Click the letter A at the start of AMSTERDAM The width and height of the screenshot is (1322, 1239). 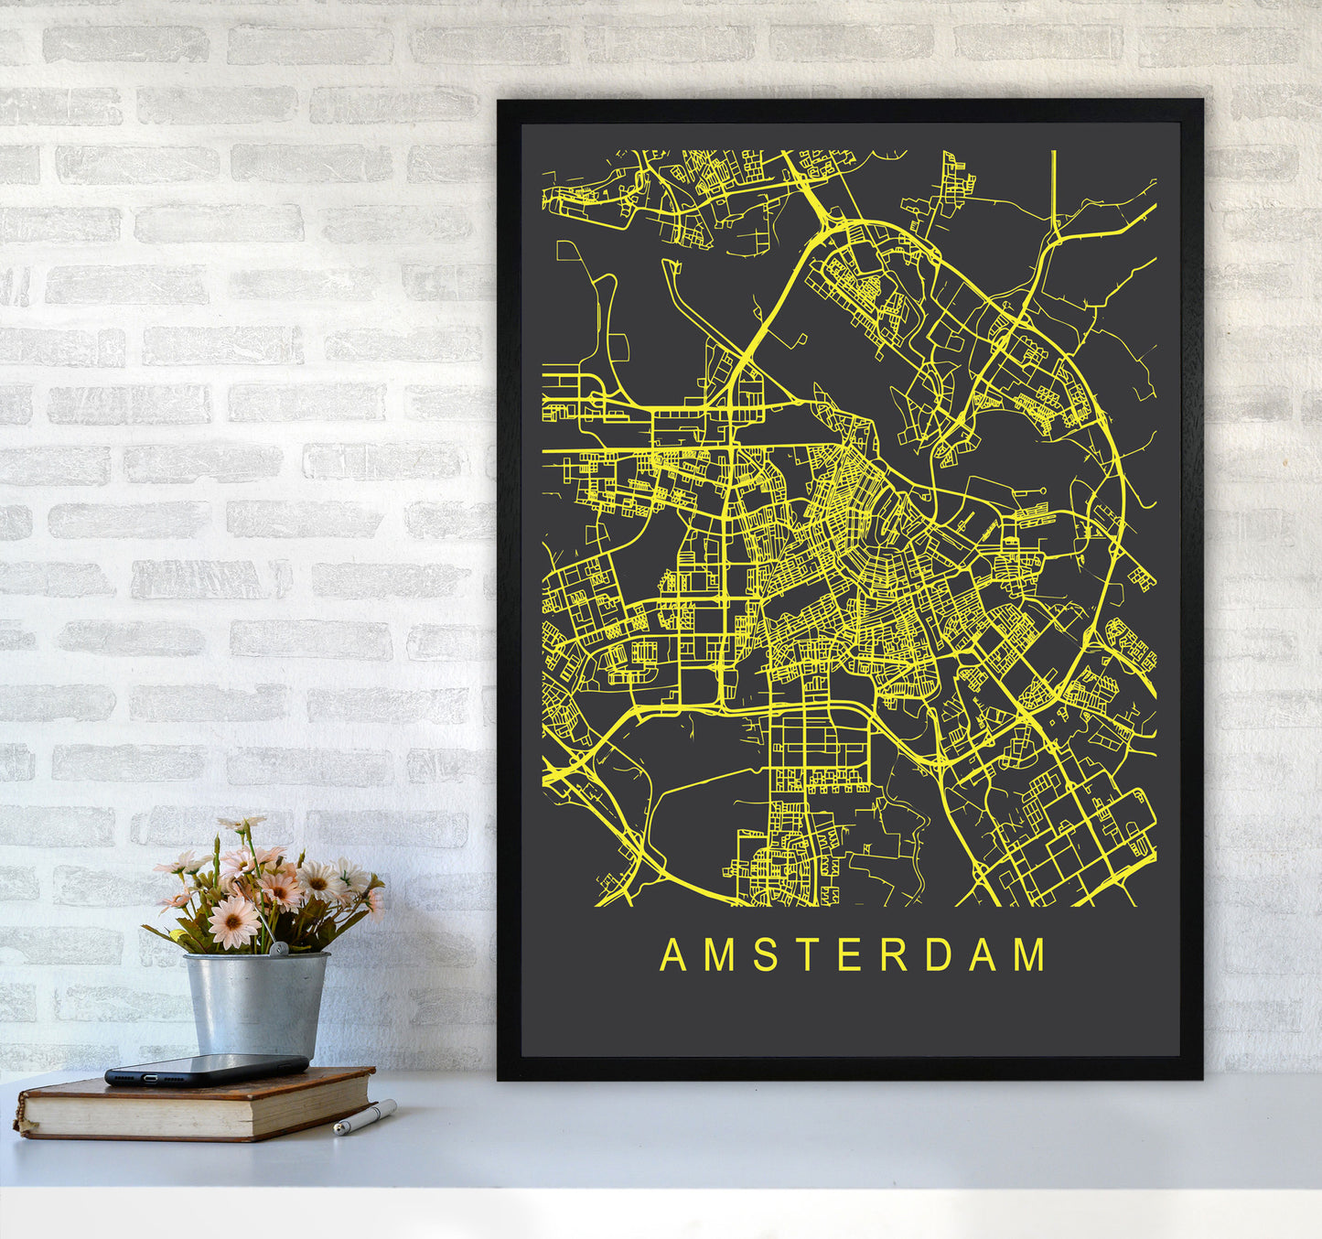(x=673, y=954)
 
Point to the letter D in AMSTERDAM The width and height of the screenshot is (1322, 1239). (x=940, y=954)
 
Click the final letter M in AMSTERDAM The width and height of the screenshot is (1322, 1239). (x=1030, y=954)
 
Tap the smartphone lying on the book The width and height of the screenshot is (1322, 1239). (x=206, y=1069)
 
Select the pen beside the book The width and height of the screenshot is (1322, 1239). (x=364, y=1117)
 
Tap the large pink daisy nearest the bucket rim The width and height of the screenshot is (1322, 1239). (x=233, y=921)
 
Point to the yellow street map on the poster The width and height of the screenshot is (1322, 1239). (x=849, y=528)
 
